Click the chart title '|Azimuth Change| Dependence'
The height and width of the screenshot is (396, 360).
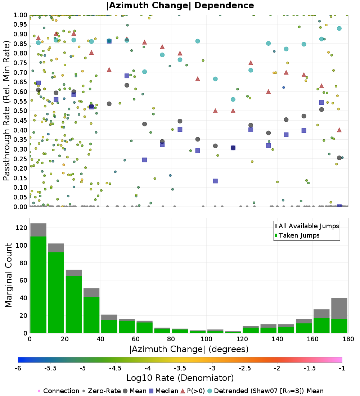coord(180,5)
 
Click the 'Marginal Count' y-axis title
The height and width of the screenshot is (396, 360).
coord(9,275)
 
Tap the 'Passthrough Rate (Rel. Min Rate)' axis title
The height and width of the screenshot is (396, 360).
coord(6,111)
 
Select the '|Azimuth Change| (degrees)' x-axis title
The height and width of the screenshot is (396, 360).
coord(189,349)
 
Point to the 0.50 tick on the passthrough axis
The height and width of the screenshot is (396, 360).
coord(21,111)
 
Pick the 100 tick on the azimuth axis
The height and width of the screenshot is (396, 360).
coord(206,339)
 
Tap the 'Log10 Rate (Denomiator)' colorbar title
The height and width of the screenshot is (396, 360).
coord(180,378)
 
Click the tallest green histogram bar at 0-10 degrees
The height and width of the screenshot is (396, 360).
coord(38,284)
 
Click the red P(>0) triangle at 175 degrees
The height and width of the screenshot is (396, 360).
coord(339,130)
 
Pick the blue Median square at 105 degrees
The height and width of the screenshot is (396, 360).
coord(215,181)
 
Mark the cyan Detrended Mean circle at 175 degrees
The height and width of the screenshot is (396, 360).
coord(339,28)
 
